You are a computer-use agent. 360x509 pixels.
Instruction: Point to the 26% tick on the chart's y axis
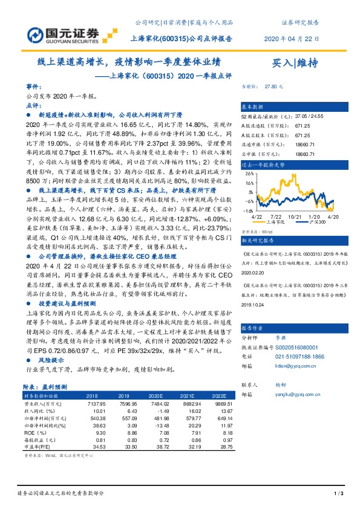click(x=249, y=172)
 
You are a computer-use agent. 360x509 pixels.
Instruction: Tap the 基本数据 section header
click(x=254, y=105)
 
